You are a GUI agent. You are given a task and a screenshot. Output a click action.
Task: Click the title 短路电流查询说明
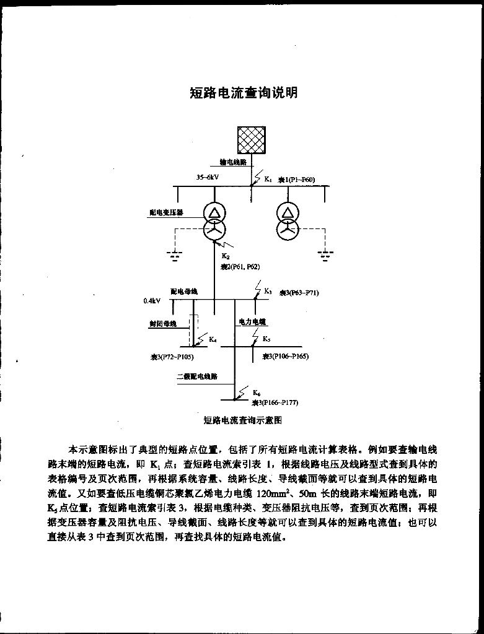click(244, 93)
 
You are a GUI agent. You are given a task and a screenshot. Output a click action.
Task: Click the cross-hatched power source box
click(252, 139)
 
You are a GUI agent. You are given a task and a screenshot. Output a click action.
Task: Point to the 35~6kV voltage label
click(208, 177)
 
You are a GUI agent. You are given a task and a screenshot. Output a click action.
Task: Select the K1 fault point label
click(268, 180)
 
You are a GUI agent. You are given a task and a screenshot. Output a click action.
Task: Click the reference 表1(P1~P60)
click(296, 180)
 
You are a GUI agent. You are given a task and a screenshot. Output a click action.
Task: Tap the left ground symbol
click(176, 254)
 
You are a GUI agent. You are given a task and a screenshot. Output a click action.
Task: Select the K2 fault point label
click(226, 256)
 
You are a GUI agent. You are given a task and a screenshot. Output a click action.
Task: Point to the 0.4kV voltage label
click(152, 302)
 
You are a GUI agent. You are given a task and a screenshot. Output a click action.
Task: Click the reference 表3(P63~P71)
click(299, 292)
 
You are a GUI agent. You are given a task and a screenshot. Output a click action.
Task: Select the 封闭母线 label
click(162, 323)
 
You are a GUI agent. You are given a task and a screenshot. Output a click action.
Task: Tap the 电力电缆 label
click(252, 322)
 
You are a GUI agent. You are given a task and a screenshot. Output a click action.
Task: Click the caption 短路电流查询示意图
click(243, 420)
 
